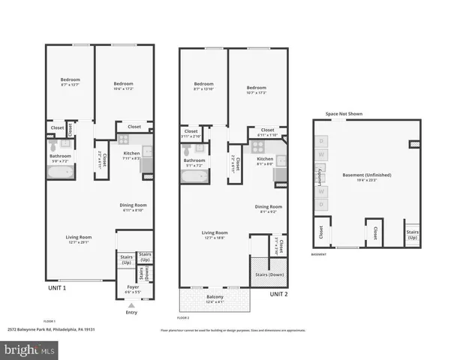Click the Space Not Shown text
344,114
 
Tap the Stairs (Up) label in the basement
413,235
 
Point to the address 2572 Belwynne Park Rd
53,328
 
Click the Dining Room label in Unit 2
269,206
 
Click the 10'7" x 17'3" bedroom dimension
257,92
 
